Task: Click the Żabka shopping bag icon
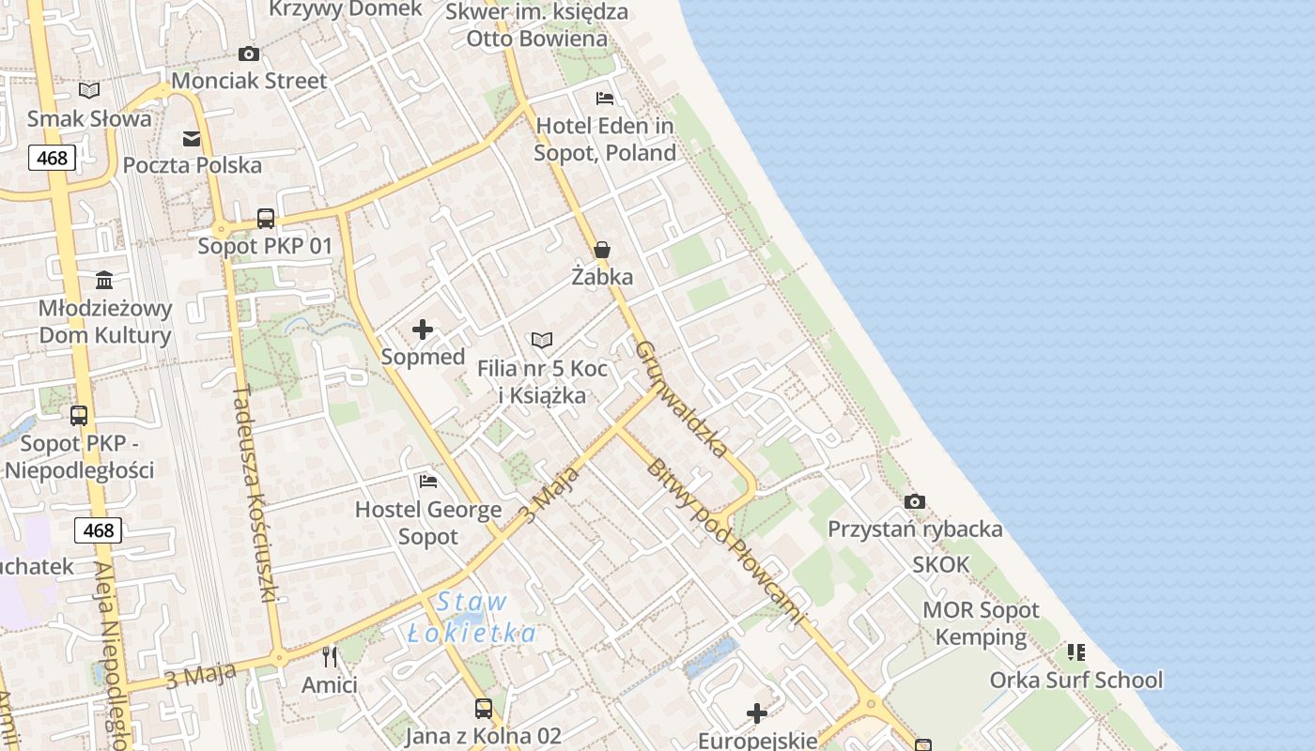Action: pyautogui.click(x=602, y=250)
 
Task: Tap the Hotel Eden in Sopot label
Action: pyautogui.click(x=605, y=139)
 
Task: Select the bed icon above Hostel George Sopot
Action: pyautogui.click(x=428, y=482)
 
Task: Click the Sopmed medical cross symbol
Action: pyautogui.click(x=423, y=330)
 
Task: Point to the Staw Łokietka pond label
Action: pyautogui.click(x=472, y=618)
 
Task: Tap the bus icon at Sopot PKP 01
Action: pyautogui.click(x=266, y=219)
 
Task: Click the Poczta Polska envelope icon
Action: pyautogui.click(x=192, y=139)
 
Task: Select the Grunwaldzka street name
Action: pyautogui.click(x=681, y=398)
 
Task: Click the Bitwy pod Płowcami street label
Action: pyautogui.click(x=725, y=542)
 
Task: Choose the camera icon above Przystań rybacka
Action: pyautogui.click(x=914, y=502)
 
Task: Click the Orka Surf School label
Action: pyautogui.click(x=1076, y=680)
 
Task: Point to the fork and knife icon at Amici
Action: pyautogui.click(x=330, y=656)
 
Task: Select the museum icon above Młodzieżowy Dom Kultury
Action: pyautogui.click(x=104, y=281)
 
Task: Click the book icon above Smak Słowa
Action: pyautogui.click(x=89, y=90)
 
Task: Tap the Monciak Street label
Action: pyautogui.click(x=249, y=81)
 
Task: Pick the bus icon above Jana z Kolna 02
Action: pyautogui.click(x=483, y=708)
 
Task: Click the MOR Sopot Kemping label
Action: pyautogui.click(x=981, y=623)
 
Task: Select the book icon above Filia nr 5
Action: pyautogui.click(x=542, y=340)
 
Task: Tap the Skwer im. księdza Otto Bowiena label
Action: pyautogui.click(x=537, y=25)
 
